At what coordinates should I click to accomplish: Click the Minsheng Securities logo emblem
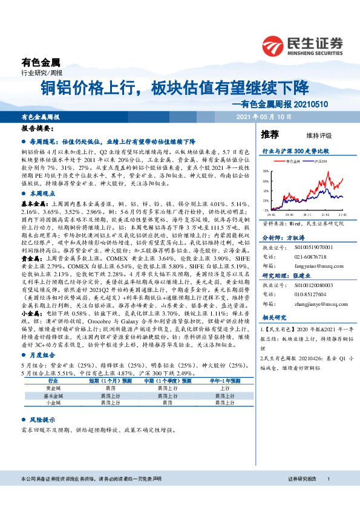(273, 45)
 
